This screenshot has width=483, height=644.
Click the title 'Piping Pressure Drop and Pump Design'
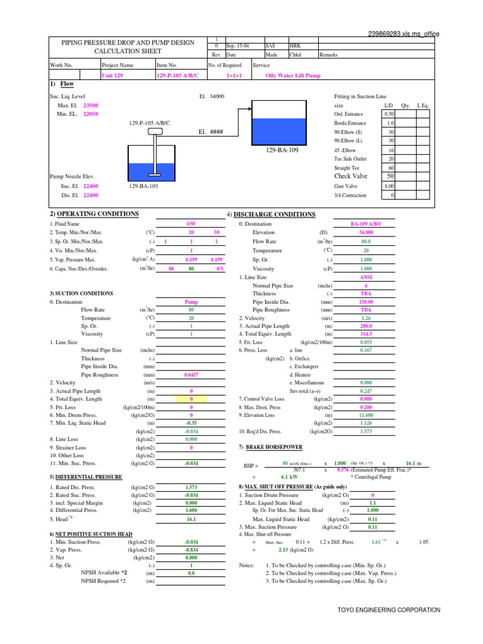127,42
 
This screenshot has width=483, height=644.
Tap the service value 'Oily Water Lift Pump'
294,75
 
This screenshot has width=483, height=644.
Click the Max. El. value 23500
91,106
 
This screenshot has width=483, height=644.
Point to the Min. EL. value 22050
91,114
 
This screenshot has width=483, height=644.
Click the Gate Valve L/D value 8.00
389,186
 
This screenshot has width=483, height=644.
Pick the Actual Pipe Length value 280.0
366,326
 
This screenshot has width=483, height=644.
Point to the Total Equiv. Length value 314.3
366,334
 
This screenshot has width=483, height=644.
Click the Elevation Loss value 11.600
366,416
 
